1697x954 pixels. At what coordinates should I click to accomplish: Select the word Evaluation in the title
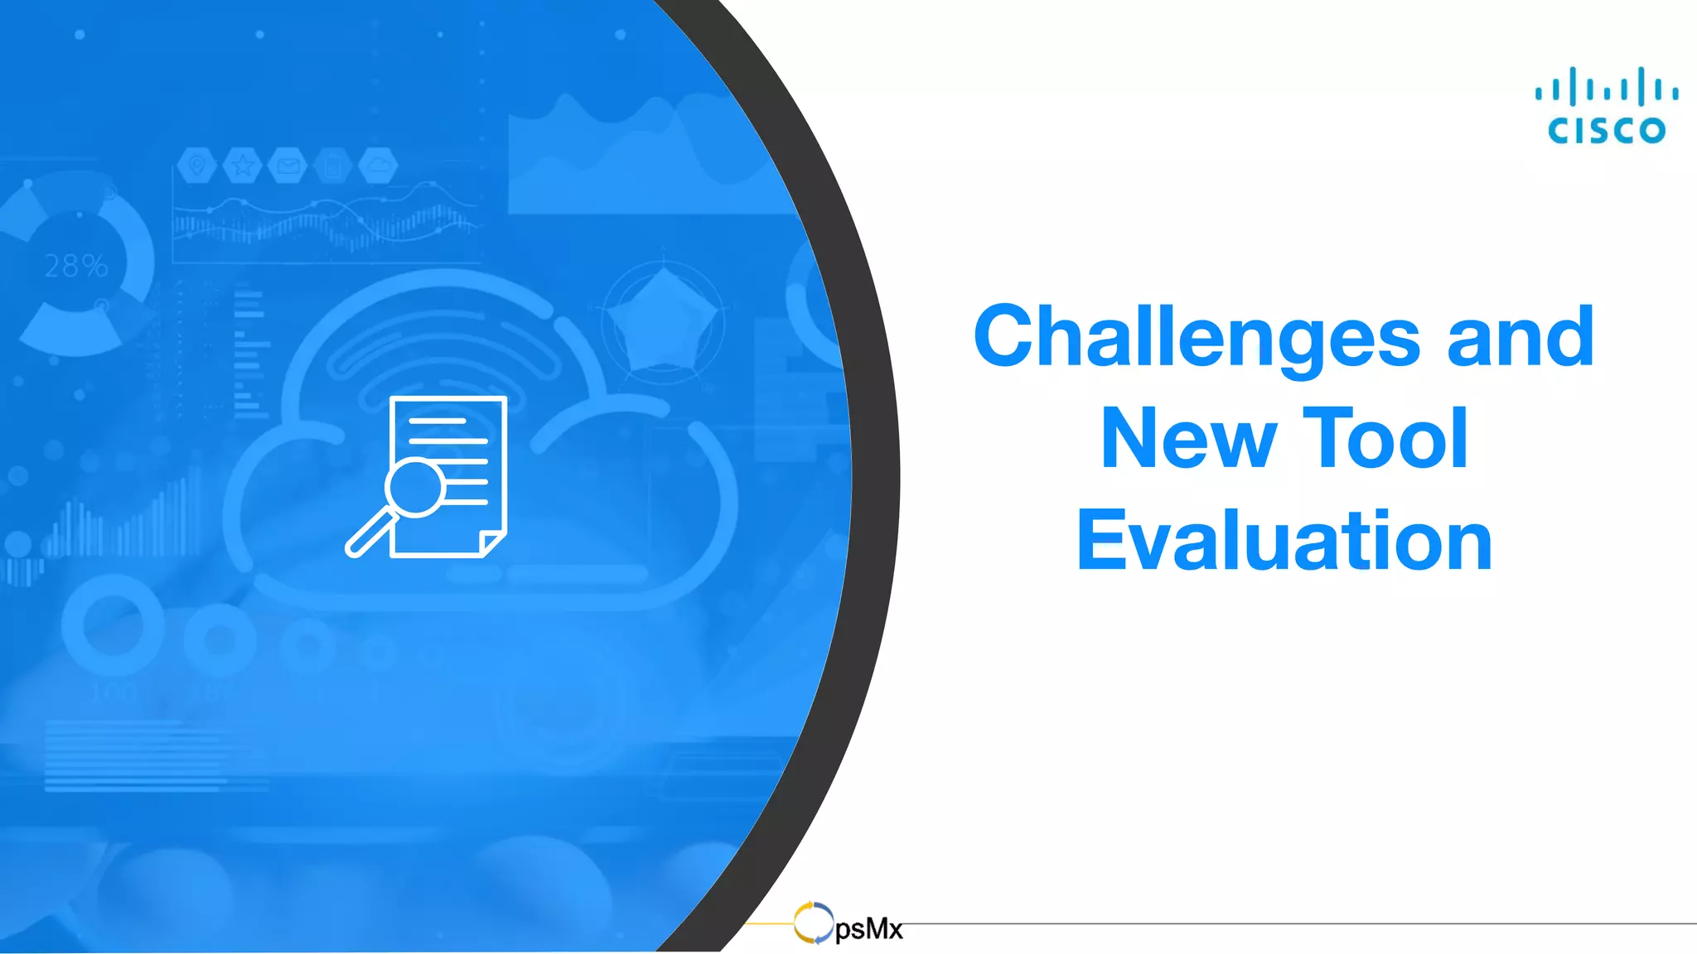click(1284, 541)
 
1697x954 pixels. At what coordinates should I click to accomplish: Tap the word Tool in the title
click(1385, 438)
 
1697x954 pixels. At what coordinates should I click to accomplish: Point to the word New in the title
click(1188, 439)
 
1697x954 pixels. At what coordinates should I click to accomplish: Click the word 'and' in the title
click(1521, 336)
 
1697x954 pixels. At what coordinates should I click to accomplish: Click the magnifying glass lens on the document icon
click(415, 487)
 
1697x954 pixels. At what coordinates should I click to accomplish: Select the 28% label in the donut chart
click(76, 266)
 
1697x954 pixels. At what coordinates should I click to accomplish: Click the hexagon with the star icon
click(242, 166)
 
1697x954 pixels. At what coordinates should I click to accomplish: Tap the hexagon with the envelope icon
click(288, 166)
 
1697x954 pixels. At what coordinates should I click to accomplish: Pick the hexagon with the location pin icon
click(196, 166)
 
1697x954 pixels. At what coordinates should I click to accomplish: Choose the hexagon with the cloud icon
click(379, 166)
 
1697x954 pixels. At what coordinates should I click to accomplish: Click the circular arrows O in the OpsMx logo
click(813, 923)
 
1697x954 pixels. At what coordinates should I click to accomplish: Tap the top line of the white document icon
click(438, 422)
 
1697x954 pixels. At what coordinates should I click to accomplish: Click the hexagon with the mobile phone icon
click(333, 166)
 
